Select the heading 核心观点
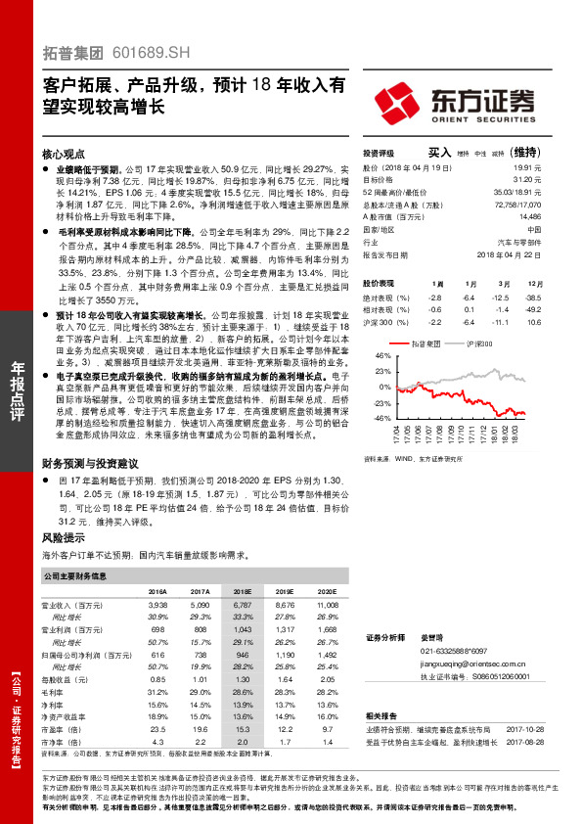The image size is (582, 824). [64, 155]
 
